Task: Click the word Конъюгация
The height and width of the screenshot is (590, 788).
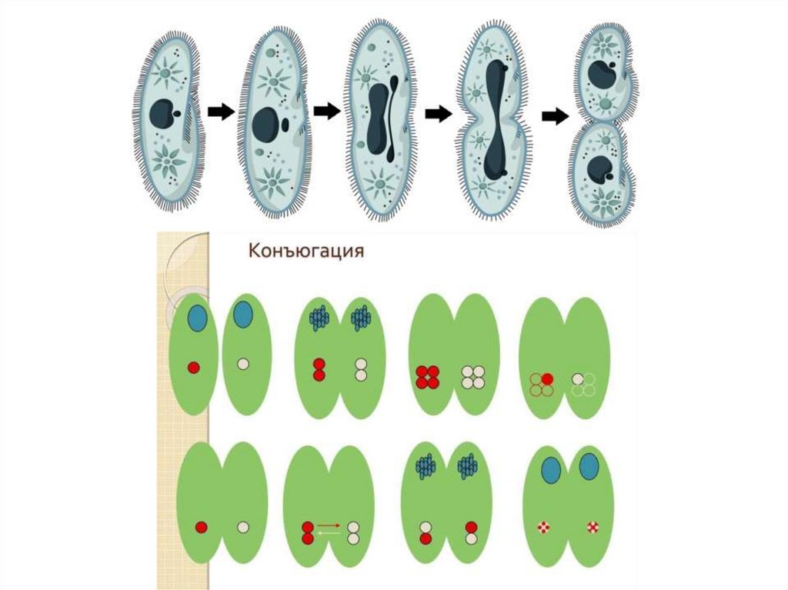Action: pyautogui.click(x=306, y=251)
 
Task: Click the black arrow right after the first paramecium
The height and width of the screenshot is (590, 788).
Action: pyautogui.click(x=221, y=112)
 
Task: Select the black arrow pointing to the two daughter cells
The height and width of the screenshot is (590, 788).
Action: pyautogui.click(x=554, y=116)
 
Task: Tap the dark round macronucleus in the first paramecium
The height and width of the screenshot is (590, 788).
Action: pyautogui.click(x=162, y=114)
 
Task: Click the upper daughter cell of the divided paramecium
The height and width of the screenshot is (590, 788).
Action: pyautogui.click(x=604, y=73)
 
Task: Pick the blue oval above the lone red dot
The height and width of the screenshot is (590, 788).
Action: pyautogui.click(x=197, y=316)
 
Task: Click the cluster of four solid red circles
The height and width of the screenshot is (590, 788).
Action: pyautogui.click(x=427, y=377)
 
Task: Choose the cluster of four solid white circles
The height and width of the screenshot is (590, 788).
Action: pyautogui.click(x=472, y=377)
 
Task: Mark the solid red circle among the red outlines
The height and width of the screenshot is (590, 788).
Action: pyautogui.click(x=547, y=378)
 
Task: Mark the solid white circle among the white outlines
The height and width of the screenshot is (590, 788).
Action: pyautogui.click(x=578, y=378)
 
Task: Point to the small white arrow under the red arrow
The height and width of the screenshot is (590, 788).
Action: pyautogui.click(x=329, y=532)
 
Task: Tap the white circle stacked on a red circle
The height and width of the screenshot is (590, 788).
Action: pyautogui.click(x=425, y=528)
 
